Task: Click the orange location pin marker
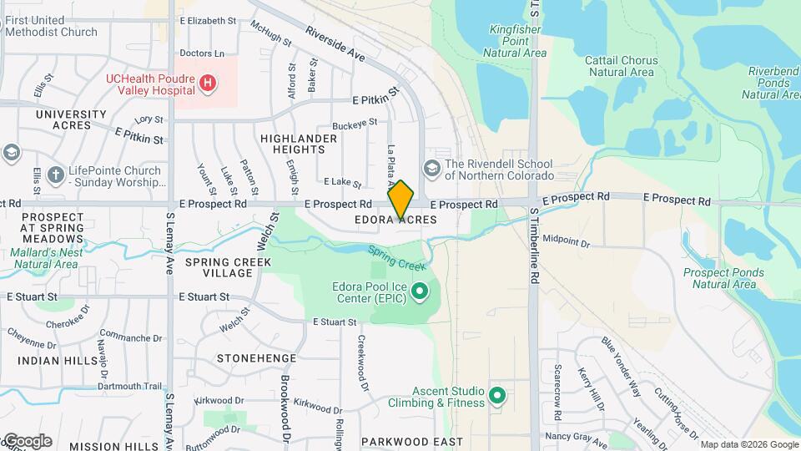[400, 200]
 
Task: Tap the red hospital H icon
[209, 84]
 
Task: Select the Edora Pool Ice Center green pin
[421, 291]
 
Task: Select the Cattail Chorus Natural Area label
[622, 66]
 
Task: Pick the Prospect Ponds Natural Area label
[718, 278]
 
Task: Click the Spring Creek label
[397, 258]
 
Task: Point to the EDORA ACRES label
[396, 220]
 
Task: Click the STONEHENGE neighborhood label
[256, 358]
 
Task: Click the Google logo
[27, 441]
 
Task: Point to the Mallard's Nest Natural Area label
[47, 257]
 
